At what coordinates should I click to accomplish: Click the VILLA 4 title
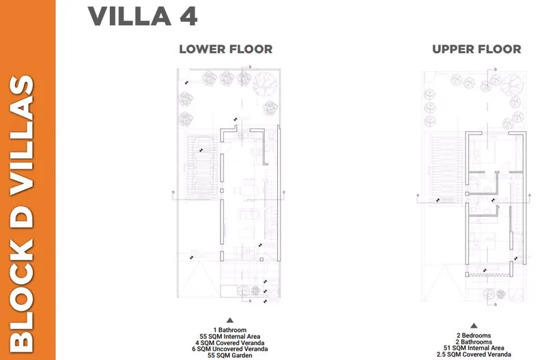point(143,16)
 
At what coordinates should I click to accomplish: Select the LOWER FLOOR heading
point(226,49)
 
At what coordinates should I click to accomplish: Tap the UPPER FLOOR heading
point(476,49)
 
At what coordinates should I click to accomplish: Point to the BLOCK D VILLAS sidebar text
point(22,214)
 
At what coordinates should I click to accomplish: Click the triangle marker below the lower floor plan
point(230,320)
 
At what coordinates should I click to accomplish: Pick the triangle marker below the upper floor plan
point(474,325)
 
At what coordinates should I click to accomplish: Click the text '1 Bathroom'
point(230,330)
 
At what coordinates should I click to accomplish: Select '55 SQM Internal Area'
point(230,336)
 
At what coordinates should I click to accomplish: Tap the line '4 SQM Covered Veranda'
point(230,342)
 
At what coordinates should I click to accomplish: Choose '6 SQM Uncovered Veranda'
point(230,349)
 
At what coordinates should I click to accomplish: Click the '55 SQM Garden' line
point(230,355)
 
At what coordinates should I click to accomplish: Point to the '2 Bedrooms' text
point(474,335)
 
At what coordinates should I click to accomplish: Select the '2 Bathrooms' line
point(474,342)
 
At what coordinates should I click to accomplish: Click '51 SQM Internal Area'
point(474,348)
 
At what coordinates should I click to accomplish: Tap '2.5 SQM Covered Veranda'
point(474,355)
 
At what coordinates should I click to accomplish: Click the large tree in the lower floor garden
point(265,85)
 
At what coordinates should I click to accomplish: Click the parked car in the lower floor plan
point(201,167)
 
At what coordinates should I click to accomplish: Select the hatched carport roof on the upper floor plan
point(446,169)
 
